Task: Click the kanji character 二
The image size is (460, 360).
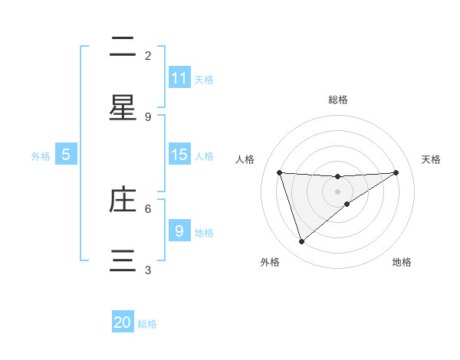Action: pyautogui.click(x=123, y=48)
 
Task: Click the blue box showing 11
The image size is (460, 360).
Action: pyautogui.click(x=179, y=78)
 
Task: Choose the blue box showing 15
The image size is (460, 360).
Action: pyautogui.click(x=179, y=155)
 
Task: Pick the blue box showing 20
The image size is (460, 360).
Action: pyautogui.click(x=123, y=322)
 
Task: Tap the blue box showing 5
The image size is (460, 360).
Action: pyautogui.click(x=66, y=155)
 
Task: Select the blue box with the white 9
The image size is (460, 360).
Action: pyautogui.click(x=179, y=231)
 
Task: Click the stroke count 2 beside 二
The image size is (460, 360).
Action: pyautogui.click(x=148, y=55)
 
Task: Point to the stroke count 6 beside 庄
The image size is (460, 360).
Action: pyautogui.click(x=148, y=208)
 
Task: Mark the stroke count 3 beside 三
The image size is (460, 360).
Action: pyautogui.click(x=148, y=270)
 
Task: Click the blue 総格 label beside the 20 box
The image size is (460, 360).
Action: pyautogui.click(x=147, y=324)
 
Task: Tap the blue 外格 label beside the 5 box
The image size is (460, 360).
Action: pyautogui.click(x=41, y=156)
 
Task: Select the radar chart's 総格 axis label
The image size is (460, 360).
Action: pyautogui.click(x=337, y=100)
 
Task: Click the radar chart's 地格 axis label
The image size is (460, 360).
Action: pyautogui.click(x=402, y=263)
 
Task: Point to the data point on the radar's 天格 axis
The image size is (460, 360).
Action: pyautogui.click(x=396, y=172)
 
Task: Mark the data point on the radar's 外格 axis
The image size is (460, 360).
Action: pyautogui.click(x=301, y=241)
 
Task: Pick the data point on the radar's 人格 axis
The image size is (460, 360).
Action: pyautogui.click(x=279, y=172)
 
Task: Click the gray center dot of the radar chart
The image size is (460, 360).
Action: pyautogui.click(x=337, y=191)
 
